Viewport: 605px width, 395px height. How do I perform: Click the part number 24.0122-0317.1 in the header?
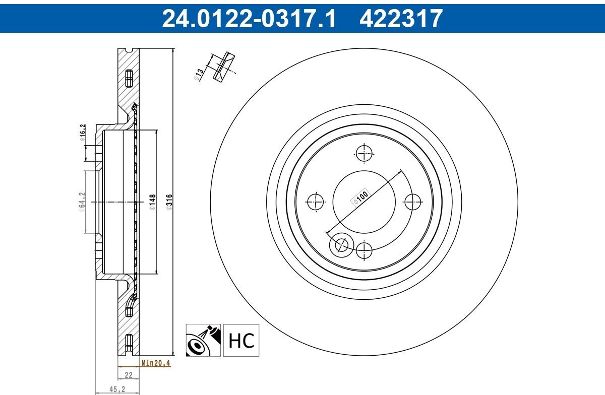tap(249, 18)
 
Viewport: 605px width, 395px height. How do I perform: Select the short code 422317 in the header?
tap(401, 18)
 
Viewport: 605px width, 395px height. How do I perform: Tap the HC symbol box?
tap(241, 340)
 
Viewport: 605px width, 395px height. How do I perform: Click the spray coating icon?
tap(203, 340)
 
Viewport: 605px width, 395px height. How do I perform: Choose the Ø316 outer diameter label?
tap(169, 202)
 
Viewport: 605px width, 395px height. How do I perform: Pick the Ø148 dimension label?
tap(153, 202)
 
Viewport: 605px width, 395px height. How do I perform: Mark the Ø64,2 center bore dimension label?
tap(82, 202)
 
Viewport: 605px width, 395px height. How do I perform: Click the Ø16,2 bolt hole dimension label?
tap(83, 133)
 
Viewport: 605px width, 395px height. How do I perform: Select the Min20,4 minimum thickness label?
tap(156, 363)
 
